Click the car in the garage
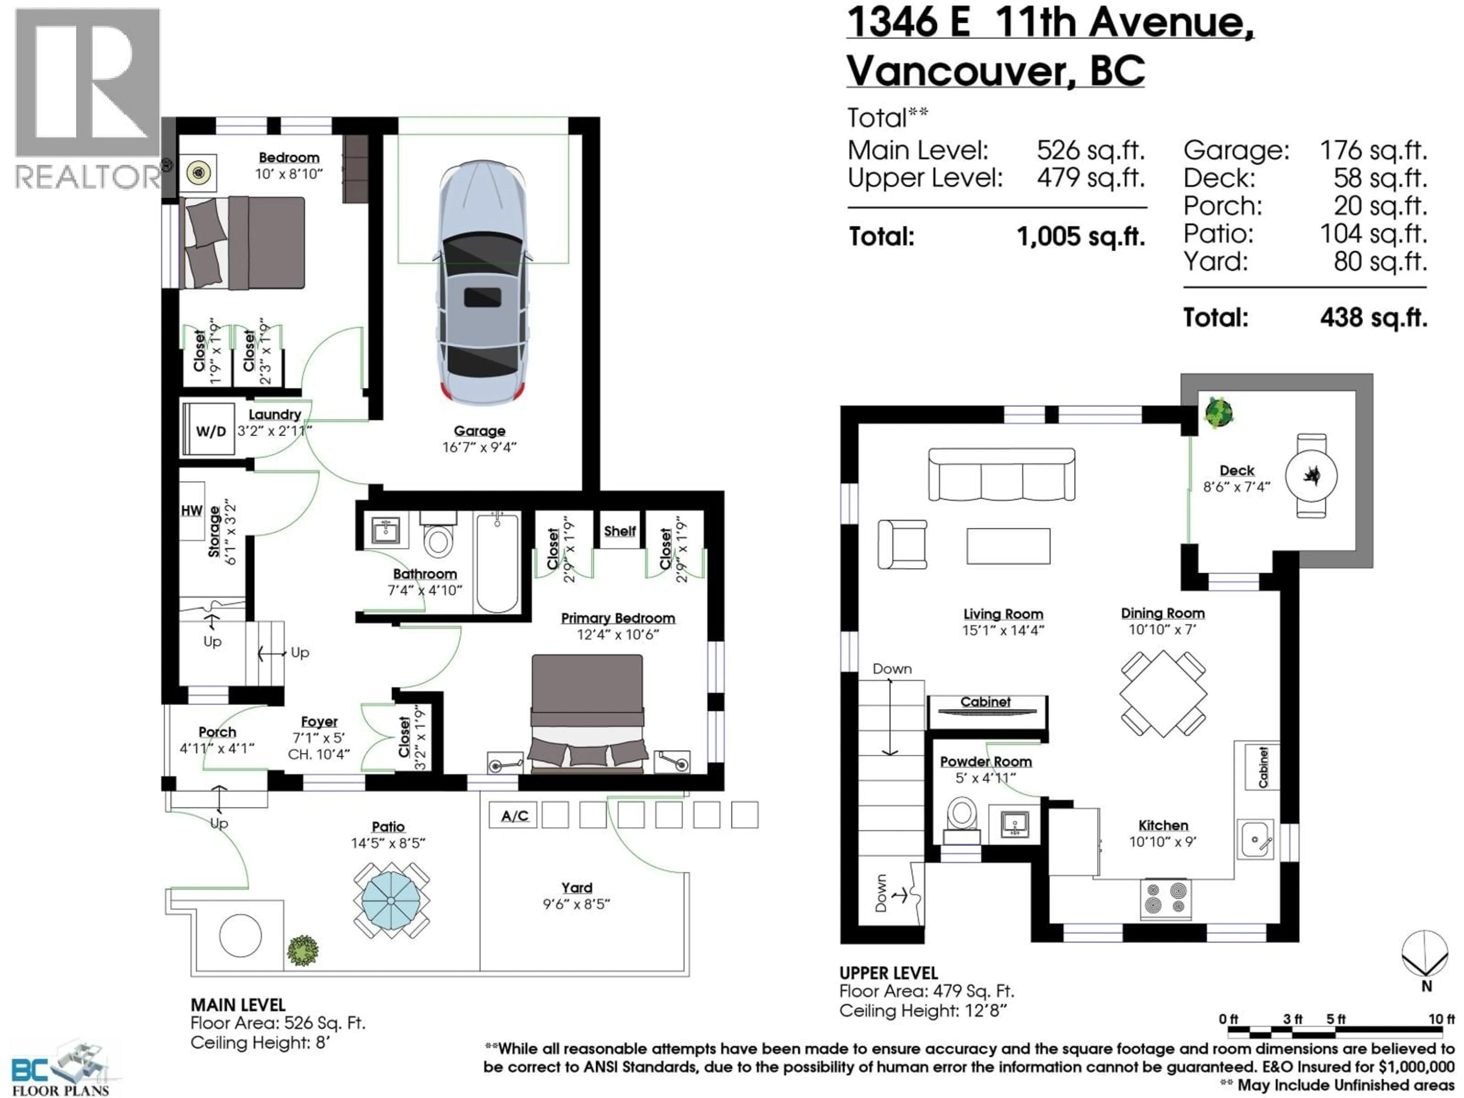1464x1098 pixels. coord(483,281)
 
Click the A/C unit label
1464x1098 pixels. coord(514,815)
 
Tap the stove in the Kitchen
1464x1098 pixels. coord(1165,898)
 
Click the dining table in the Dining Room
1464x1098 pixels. coord(1163,693)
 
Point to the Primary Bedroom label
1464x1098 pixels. coord(618,618)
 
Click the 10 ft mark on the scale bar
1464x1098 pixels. coord(1440,1019)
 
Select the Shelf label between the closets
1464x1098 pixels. coord(620,531)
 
